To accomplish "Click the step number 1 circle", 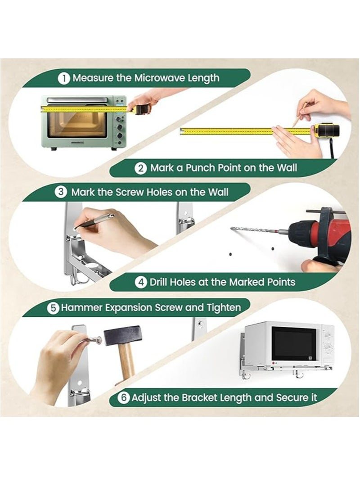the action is (63, 78).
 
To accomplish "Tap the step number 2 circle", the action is (141, 168).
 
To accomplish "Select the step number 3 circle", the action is (61, 192).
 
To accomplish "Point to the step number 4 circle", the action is (141, 282).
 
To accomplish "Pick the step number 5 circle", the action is (53, 308).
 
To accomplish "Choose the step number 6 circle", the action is (124, 398).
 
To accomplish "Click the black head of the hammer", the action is (122, 335).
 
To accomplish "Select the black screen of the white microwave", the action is (293, 344).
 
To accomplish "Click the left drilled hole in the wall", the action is (230, 254).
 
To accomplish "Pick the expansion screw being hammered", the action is (94, 339).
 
